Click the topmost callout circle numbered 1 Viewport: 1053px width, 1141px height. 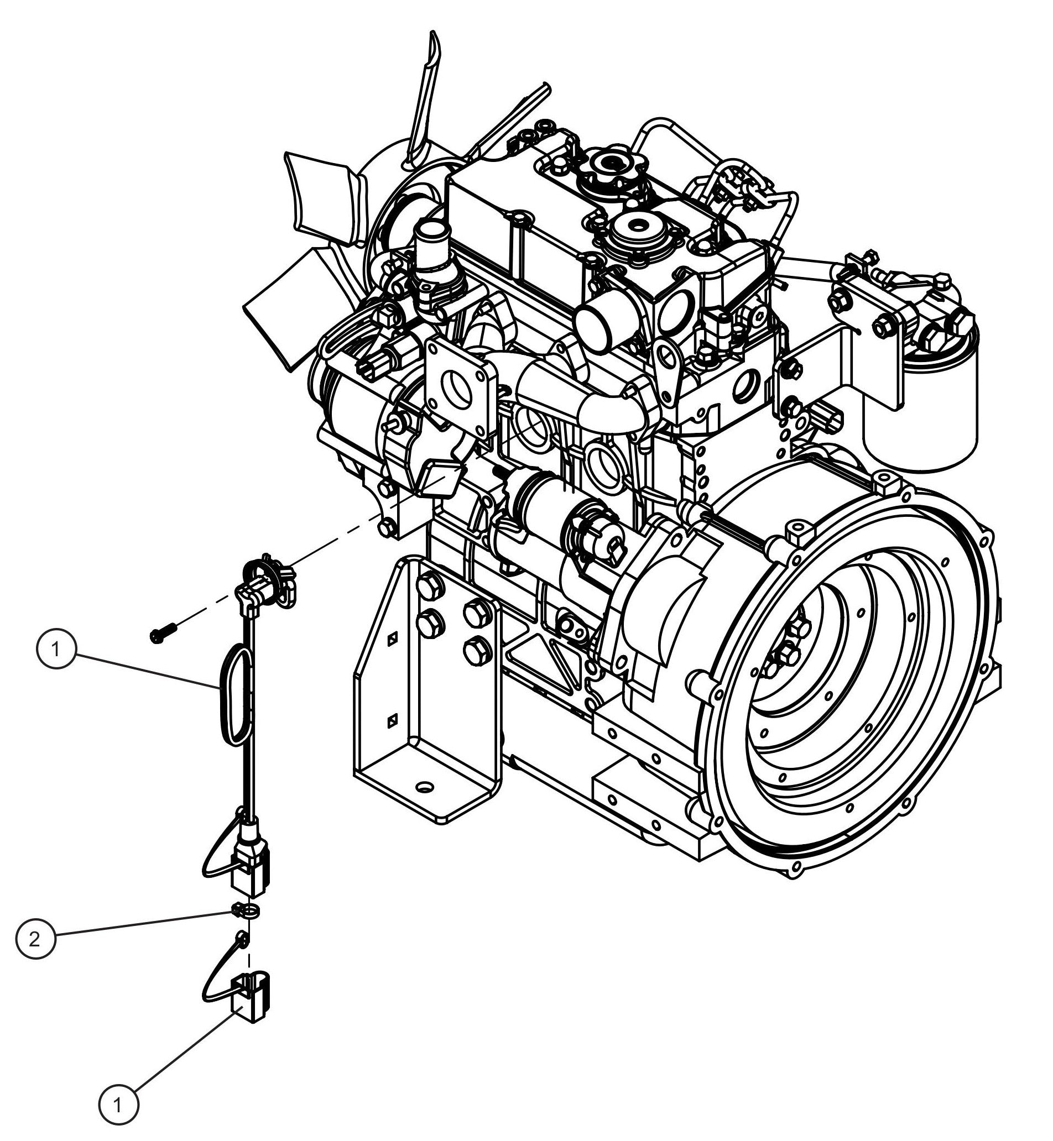[56, 649]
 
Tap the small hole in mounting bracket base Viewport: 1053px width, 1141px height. [424, 787]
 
